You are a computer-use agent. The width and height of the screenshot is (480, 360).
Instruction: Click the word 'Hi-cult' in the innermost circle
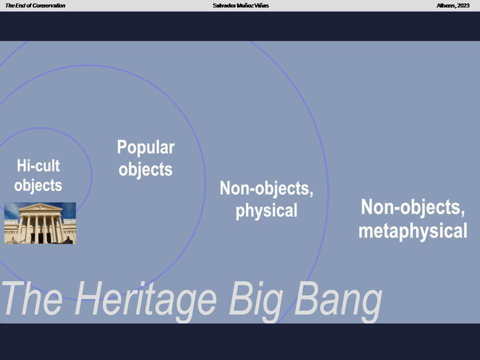point(38,165)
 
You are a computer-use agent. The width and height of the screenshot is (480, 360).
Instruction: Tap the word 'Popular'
point(145,147)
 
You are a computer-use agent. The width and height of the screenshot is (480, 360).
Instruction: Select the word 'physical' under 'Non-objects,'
point(266,211)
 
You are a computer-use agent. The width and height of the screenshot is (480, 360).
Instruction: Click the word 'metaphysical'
point(412,231)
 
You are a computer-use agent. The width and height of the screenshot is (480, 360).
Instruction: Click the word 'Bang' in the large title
point(338,300)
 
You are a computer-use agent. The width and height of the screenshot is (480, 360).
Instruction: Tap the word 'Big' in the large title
point(256,300)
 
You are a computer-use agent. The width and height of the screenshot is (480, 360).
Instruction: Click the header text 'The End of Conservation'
point(35,5)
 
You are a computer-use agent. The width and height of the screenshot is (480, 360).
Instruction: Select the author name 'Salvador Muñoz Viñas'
point(240,5)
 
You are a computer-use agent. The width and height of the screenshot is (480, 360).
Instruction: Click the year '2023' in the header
point(463,5)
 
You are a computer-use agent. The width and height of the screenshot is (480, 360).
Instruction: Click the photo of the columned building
point(40,223)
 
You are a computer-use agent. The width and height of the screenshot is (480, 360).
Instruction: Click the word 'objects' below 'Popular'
point(145,170)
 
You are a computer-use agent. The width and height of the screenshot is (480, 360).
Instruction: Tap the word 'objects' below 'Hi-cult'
point(38,185)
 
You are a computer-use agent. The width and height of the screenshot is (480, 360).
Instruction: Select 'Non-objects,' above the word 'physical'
point(266,188)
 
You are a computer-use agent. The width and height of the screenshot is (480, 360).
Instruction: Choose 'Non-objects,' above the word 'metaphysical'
point(412,207)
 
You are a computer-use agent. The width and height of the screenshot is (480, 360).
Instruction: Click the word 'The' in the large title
point(32,298)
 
